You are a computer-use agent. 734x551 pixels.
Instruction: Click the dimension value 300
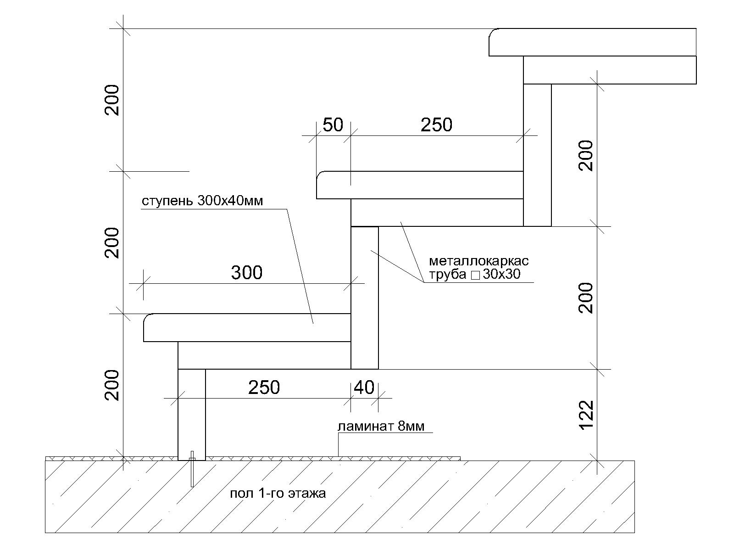[x=247, y=273]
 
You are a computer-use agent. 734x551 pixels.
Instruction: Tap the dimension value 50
[x=333, y=125]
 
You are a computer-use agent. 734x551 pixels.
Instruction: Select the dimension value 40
[x=364, y=388]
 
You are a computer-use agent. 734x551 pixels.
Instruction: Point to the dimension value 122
[x=586, y=415]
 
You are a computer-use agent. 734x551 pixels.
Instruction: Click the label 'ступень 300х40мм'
[x=202, y=201]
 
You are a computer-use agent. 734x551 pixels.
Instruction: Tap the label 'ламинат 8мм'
[x=381, y=426]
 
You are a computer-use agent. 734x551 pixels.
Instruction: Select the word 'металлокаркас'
[x=479, y=260]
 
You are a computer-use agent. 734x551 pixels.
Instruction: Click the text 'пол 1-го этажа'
[x=278, y=494]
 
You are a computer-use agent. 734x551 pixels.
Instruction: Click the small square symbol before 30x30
[x=475, y=275]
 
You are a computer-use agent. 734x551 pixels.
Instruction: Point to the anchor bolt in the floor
[x=192, y=469]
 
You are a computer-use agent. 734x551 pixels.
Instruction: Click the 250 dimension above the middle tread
[x=436, y=125]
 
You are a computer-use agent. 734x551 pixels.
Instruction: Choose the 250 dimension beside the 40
[x=264, y=388]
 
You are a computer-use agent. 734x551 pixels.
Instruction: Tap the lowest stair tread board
[x=247, y=327]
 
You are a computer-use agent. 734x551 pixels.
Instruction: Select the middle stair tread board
[x=420, y=185]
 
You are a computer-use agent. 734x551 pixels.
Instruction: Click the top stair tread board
[x=593, y=42]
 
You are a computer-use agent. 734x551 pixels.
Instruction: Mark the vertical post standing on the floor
[x=192, y=415]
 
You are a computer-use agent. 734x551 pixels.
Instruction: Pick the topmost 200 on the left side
[x=111, y=100]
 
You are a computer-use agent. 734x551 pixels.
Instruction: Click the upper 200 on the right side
[x=586, y=156]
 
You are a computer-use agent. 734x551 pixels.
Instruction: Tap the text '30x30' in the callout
[x=501, y=274]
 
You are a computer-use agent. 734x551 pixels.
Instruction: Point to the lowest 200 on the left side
[x=111, y=385]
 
